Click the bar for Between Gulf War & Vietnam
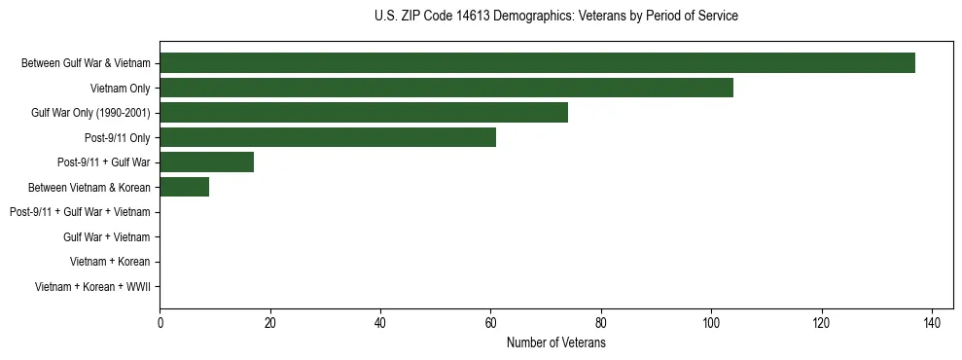(537, 63)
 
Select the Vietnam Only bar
(446, 88)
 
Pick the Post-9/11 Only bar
(328, 137)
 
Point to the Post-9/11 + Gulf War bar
(206, 162)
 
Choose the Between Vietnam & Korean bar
(184, 187)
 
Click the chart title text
(555, 17)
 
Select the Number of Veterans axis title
(555, 343)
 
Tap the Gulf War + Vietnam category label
(106, 237)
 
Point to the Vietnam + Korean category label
(110, 262)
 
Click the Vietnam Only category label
(120, 89)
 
